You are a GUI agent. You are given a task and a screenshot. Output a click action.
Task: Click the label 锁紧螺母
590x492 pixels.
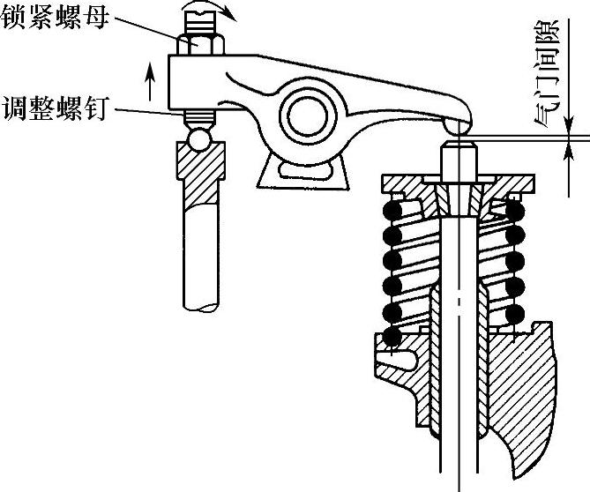54,19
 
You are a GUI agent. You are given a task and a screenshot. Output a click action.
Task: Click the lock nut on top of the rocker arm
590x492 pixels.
202,42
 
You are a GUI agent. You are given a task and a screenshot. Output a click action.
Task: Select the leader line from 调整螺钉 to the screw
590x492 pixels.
150,110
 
